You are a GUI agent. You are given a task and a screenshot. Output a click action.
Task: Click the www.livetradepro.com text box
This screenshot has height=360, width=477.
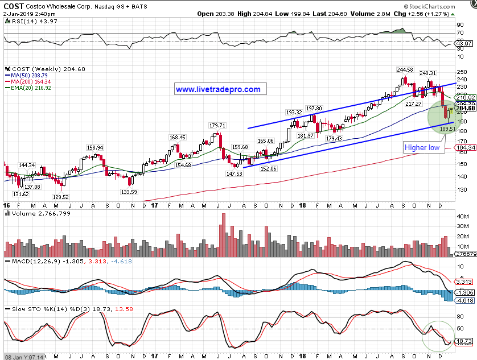[x=217, y=89]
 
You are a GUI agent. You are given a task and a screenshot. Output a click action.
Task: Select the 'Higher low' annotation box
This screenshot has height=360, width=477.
[x=422, y=147]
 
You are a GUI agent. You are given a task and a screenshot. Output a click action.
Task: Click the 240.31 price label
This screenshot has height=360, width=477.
[x=428, y=73]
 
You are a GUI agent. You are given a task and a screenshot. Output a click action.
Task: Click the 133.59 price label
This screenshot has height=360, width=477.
[x=129, y=192]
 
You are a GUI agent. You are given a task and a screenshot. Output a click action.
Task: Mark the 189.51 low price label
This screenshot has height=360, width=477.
[x=448, y=129]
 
